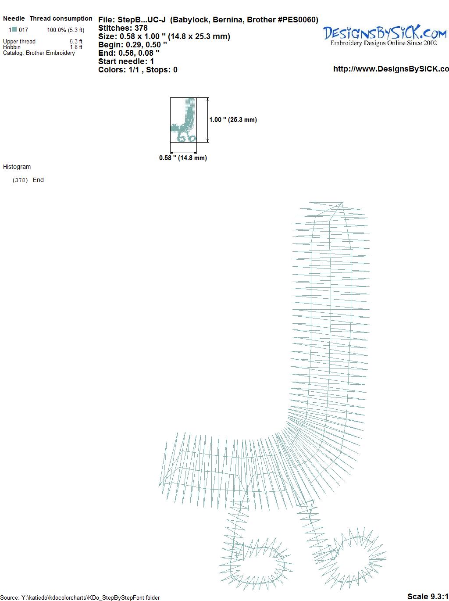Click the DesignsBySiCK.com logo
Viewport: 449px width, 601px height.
385,35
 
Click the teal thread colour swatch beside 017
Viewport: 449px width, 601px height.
14,29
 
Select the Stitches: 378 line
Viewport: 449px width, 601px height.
123,28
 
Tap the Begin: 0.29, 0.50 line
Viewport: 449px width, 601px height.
132,45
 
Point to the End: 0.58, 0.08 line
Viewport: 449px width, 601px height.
129,53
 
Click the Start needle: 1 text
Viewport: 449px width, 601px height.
126,61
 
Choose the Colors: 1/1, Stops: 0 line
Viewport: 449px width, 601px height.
138,70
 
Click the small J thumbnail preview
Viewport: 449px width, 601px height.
183,120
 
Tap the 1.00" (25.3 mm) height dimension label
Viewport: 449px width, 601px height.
233,120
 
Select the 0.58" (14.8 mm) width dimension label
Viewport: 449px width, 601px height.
183,158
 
